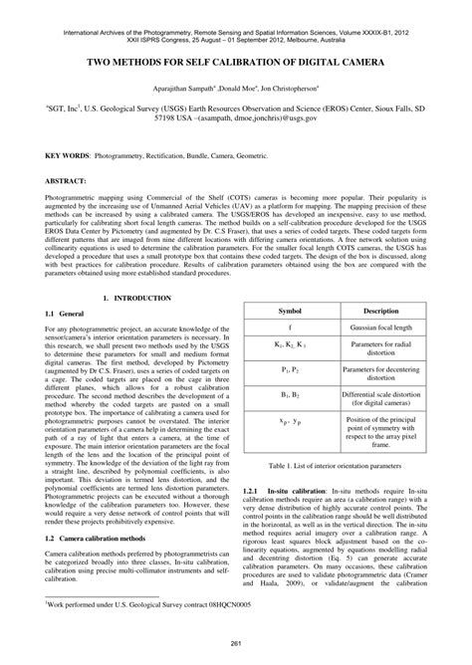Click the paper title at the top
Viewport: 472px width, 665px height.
(235, 62)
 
